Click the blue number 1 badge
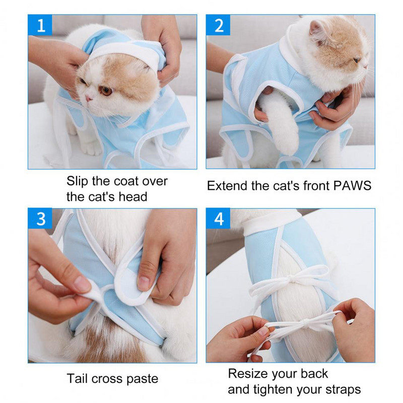pyautogui.click(x=40, y=25)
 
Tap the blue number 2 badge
pyautogui.click(x=218, y=25)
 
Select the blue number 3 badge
pyautogui.click(x=40, y=219)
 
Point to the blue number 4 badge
pyautogui.click(x=218, y=219)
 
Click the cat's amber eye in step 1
pyautogui.click(x=106, y=90)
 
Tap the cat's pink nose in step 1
pyautogui.click(x=89, y=98)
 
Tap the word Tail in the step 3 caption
pyautogui.click(x=77, y=379)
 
